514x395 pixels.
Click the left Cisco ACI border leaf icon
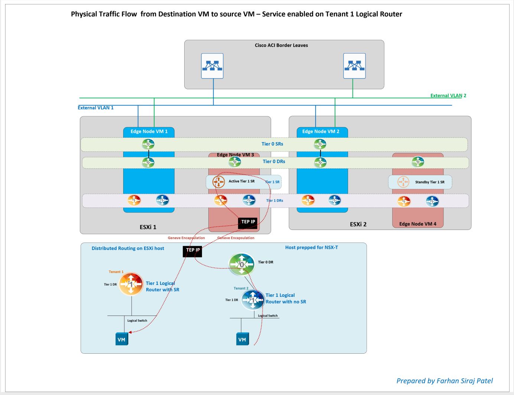[x=212, y=66]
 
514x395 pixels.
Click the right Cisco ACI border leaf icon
[x=354, y=66]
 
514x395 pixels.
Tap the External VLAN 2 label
[x=448, y=96]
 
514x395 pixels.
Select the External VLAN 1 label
[x=95, y=108]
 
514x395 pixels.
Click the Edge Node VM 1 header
[x=149, y=131]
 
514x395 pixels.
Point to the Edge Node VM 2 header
[x=321, y=131]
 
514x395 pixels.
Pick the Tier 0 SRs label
[x=272, y=144]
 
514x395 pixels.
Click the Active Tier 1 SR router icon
[x=218, y=182]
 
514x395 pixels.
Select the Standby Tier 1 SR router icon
[x=403, y=182]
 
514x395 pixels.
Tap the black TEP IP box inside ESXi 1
[x=248, y=222]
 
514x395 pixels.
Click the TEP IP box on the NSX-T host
[x=192, y=251]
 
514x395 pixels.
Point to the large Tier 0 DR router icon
[x=242, y=264]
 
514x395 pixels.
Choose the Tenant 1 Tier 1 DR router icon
[x=131, y=284]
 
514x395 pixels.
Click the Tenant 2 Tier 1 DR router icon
[x=253, y=300]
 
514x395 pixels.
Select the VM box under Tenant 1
[x=121, y=339]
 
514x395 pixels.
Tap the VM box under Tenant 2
[x=242, y=339]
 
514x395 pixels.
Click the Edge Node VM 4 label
[x=418, y=224]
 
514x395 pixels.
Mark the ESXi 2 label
[x=358, y=224]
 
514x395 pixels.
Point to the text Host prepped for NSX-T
[x=311, y=248]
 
